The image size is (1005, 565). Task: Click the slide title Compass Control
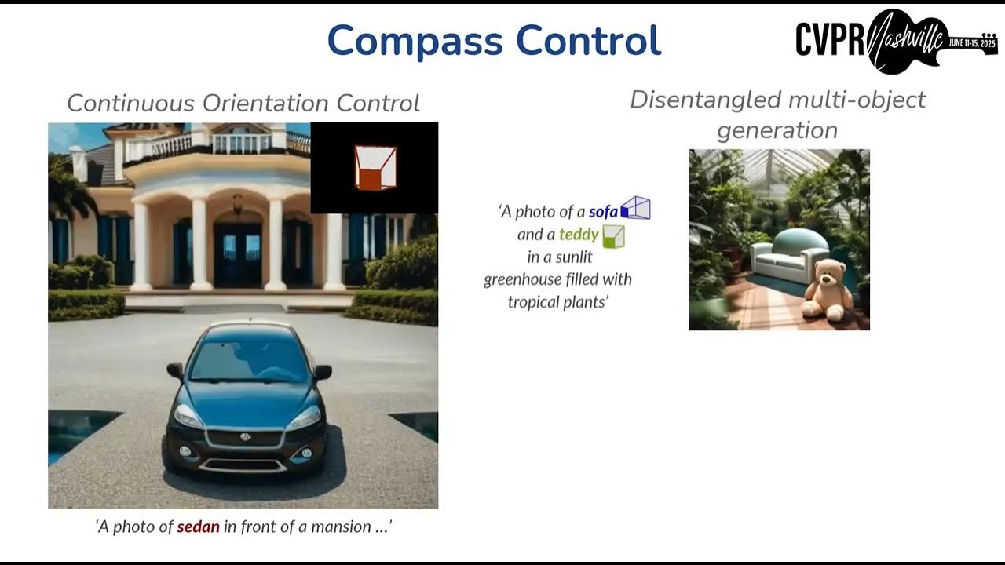[494, 41]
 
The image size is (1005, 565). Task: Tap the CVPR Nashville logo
[896, 40]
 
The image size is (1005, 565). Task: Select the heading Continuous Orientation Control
[243, 104]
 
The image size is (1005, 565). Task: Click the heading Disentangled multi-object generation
[777, 115]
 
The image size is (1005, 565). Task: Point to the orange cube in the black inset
[375, 168]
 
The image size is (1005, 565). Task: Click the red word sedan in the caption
[198, 527]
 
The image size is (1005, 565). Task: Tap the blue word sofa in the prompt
[603, 211]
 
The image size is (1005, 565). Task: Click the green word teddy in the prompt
[579, 234]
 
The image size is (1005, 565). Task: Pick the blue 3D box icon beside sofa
[635, 209]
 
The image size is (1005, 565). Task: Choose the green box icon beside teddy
[613, 235]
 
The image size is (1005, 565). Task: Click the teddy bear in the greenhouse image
[827, 290]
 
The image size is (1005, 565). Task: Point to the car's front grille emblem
[244, 436]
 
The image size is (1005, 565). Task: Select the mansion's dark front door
[237, 254]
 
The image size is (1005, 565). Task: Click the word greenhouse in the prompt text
[521, 279]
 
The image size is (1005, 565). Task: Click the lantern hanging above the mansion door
[237, 203]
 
